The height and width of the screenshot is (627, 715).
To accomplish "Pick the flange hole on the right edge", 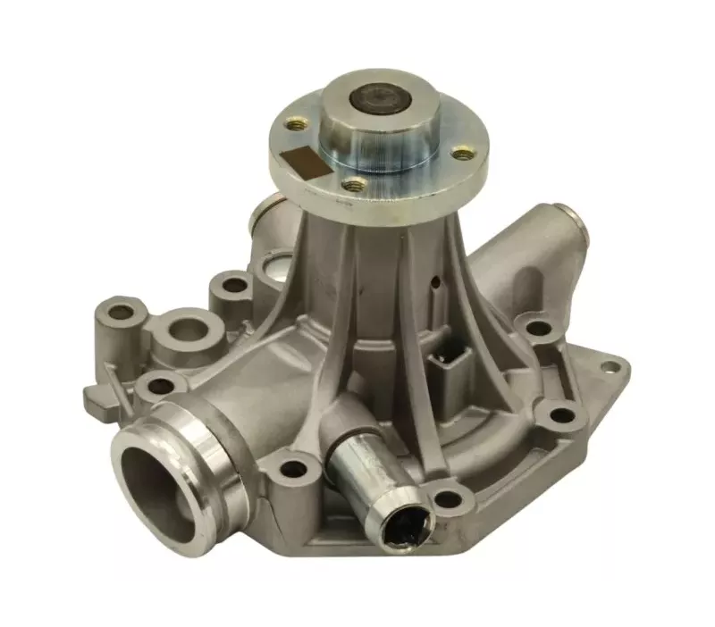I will click(461, 154).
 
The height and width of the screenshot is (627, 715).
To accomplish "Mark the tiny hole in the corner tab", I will click(610, 364).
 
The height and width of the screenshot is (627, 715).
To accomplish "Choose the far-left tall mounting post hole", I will click(119, 313).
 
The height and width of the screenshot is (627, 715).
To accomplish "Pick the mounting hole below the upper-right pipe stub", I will click(538, 328).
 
